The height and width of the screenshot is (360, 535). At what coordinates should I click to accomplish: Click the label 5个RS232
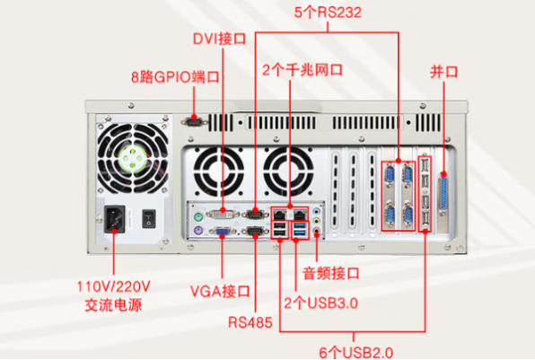point(326,13)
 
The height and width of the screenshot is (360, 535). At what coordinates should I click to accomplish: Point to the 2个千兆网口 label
point(303,68)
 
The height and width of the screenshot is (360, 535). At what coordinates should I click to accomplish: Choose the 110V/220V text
point(114,285)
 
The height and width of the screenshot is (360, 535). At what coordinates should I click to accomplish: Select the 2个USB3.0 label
point(320,303)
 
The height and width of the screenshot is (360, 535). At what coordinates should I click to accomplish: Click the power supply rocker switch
point(150,216)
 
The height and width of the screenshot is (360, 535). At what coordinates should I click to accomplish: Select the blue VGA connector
point(220,234)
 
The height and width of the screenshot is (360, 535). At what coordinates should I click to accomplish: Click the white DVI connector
point(221,215)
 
